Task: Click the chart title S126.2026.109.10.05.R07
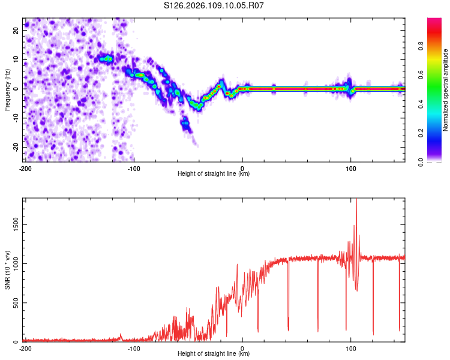214,5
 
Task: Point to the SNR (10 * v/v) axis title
7,270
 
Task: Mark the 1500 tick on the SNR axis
12,224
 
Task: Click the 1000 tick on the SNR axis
12,263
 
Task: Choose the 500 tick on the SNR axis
14,302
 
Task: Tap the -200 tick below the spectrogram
25,167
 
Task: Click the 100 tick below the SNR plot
351,348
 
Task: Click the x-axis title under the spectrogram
214,174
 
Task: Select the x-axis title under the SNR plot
214,354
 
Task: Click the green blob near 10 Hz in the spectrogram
107,59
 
